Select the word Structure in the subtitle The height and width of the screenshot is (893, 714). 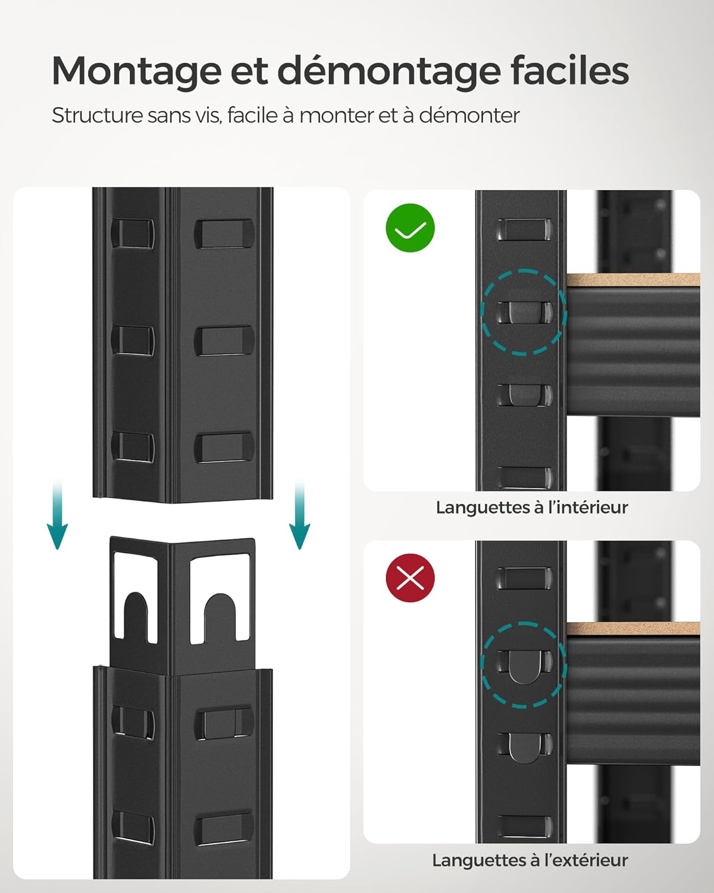[x=97, y=115]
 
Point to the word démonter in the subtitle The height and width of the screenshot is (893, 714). [x=469, y=115]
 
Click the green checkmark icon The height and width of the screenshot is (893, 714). [x=411, y=227]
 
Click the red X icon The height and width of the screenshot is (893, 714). [x=411, y=577]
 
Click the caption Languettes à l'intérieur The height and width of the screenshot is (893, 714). [x=531, y=508]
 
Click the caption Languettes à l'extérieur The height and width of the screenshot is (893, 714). [x=530, y=860]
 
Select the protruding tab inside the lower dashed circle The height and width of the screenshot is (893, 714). [x=524, y=666]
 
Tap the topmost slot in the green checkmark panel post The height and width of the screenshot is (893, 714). [x=524, y=229]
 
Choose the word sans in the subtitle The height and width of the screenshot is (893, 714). [x=170, y=115]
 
